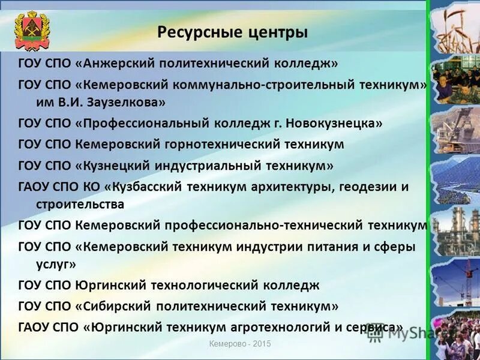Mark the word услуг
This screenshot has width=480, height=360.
[49, 263]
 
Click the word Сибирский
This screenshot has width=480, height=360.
[114, 306]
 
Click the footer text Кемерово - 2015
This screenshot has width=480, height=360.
[240, 344]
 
